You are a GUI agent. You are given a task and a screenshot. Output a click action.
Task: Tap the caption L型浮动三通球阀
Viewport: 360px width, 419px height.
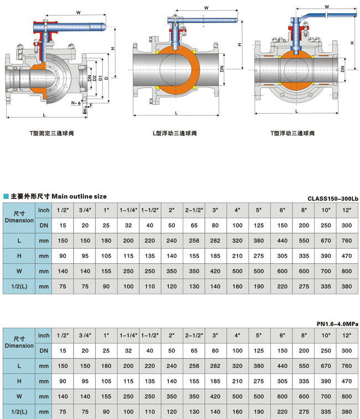pyautogui.click(x=174, y=134)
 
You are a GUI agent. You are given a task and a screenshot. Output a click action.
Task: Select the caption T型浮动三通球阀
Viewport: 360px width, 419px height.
pyautogui.click(x=292, y=134)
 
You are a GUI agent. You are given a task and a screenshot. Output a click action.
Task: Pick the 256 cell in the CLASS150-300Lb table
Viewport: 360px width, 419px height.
pyautogui.click(x=193, y=241)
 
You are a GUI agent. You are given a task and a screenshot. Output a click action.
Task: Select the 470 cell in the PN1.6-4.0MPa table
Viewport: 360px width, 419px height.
pyautogui.click(x=347, y=381)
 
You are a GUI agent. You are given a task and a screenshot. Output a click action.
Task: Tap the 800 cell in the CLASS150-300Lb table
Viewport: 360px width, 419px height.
pyautogui.click(x=347, y=272)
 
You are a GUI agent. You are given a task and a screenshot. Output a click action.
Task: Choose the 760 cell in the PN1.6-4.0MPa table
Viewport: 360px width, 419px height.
pyautogui.click(x=347, y=366)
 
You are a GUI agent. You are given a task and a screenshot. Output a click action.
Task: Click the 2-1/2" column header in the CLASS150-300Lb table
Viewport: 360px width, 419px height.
pyautogui.click(x=193, y=210)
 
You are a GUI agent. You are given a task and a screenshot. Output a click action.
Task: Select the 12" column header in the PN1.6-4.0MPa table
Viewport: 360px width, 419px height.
pyautogui.click(x=347, y=335)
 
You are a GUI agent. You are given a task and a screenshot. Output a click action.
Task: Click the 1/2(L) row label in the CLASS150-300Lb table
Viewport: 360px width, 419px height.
pyautogui.click(x=20, y=287)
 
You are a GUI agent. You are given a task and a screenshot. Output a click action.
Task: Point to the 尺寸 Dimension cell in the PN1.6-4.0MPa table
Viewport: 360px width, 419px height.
pyautogui.click(x=20, y=343)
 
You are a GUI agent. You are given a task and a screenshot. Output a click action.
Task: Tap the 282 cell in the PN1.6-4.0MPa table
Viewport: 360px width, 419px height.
pyautogui.click(x=215, y=366)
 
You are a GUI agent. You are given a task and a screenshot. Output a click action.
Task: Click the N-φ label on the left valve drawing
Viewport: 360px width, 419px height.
pyautogui.click(x=75, y=103)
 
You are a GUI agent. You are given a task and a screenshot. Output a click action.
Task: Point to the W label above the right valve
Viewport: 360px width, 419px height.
pyautogui.click(x=327, y=7)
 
